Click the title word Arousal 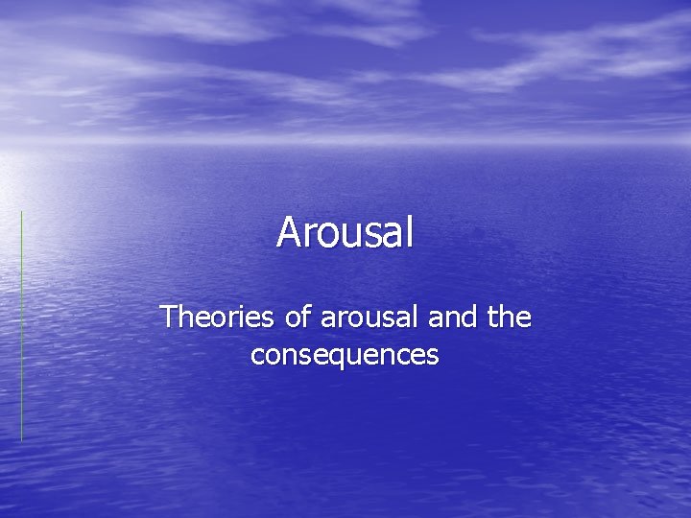point(345,232)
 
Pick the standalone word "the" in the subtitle point(509,317)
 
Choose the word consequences point(345,355)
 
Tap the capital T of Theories point(169,316)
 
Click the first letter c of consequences point(256,356)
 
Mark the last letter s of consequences point(434,356)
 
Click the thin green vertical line point(21,326)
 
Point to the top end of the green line point(21,212)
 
